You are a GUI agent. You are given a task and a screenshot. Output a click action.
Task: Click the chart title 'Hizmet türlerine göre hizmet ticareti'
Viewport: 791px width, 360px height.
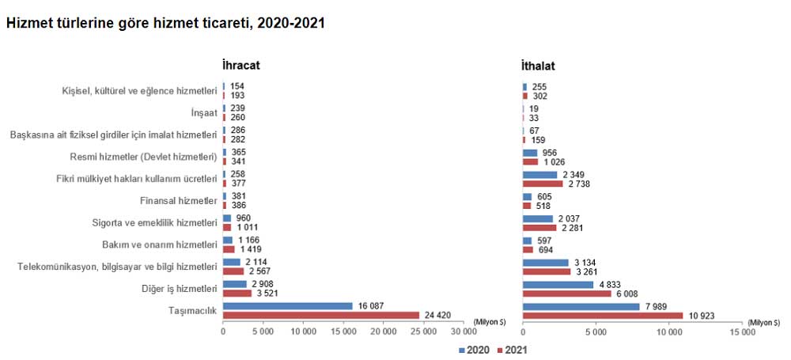click(x=165, y=24)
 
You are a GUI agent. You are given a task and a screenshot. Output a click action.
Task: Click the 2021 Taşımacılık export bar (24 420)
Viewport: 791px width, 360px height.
click(x=321, y=315)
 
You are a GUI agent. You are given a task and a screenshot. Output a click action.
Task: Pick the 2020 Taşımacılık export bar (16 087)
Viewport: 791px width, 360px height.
click(x=288, y=306)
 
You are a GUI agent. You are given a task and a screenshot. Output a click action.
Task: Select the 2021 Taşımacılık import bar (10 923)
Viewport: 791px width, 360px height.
click(x=603, y=315)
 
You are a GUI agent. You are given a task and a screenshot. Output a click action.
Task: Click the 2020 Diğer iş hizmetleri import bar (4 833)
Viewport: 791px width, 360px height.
click(x=558, y=284)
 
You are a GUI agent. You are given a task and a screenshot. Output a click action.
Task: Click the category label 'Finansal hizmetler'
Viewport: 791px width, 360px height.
click(x=177, y=200)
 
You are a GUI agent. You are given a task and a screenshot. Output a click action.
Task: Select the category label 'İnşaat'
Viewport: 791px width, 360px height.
click(x=204, y=112)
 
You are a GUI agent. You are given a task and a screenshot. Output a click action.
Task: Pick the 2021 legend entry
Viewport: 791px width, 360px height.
click(x=515, y=347)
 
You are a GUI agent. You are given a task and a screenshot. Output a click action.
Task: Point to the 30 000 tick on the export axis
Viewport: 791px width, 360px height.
click(x=463, y=332)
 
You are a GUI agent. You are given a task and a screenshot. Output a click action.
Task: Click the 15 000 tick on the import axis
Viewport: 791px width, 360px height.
click(x=743, y=332)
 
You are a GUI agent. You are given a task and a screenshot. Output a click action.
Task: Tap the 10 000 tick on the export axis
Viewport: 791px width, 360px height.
click(x=303, y=332)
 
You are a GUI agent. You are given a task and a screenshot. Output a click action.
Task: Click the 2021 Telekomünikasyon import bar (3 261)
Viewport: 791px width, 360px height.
click(x=546, y=271)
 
